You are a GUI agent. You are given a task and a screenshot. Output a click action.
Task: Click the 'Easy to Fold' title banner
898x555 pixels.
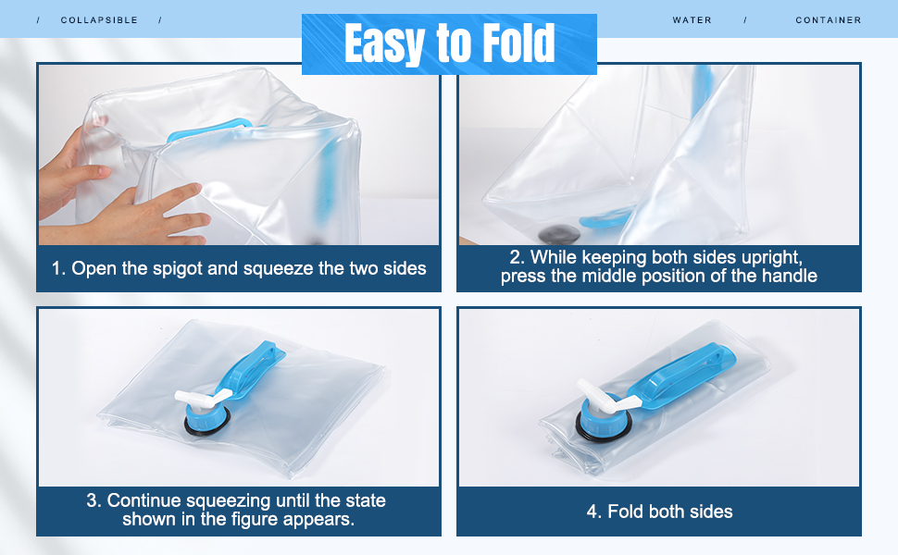(449, 44)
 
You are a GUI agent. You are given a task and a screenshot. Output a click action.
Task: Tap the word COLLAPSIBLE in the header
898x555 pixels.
(99, 20)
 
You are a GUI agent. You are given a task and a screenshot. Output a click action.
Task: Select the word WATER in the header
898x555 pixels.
(692, 20)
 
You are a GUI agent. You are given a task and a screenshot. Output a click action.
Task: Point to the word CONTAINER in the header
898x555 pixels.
(829, 20)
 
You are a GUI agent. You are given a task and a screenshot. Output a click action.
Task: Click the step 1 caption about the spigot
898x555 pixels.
(239, 268)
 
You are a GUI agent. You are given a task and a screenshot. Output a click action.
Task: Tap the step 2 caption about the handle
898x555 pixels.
(658, 266)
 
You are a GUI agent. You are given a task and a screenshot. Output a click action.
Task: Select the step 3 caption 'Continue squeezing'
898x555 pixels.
(236, 510)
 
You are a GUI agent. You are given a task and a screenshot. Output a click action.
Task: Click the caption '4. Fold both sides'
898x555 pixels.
(659, 511)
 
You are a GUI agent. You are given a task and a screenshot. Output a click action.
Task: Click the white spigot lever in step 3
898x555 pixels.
(202, 397)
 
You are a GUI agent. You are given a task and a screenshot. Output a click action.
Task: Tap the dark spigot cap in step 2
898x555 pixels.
(559, 233)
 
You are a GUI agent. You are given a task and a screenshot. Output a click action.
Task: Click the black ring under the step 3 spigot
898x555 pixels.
(206, 424)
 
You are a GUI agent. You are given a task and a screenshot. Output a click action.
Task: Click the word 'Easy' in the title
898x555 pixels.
(384, 44)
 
